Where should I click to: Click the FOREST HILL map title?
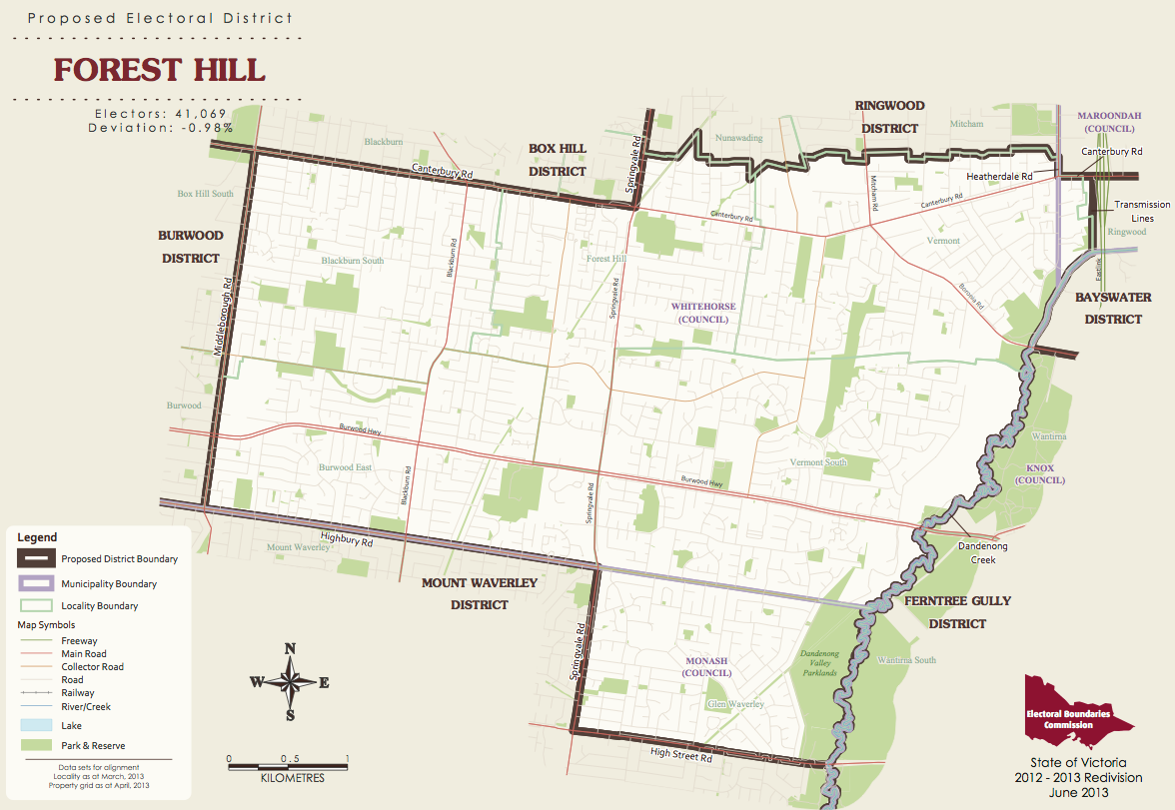pyautogui.click(x=159, y=70)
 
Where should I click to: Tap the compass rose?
pyautogui.click(x=290, y=682)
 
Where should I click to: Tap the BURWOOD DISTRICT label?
pyautogui.click(x=189, y=247)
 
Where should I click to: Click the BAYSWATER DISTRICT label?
pyautogui.click(x=1108, y=309)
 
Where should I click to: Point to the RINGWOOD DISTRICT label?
pyautogui.click(x=890, y=117)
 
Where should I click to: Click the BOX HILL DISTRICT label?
pyautogui.click(x=558, y=160)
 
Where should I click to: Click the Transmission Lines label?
pyautogui.click(x=1142, y=211)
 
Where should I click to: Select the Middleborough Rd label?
pyautogui.click(x=223, y=317)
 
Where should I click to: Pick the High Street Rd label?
pyautogui.click(x=680, y=756)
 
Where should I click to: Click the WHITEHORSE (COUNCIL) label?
pyautogui.click(x=703, y=313)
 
